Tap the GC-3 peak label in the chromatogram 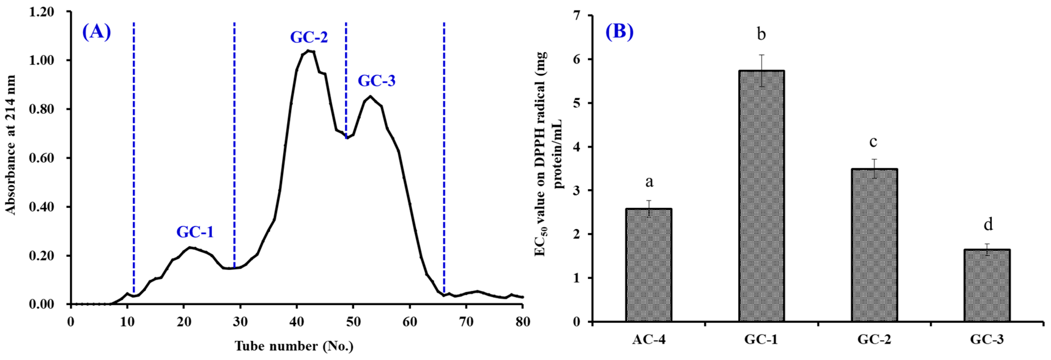click(376, 81)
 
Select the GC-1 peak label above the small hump click(195, 232)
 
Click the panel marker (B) click(619, 31)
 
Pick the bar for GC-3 click(987, 286)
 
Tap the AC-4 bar click(649, 265)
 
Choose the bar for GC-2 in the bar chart click(874, 245)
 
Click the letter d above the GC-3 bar click(988, 224)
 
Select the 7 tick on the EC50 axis click(576, 16)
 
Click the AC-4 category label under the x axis click(649, 340)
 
